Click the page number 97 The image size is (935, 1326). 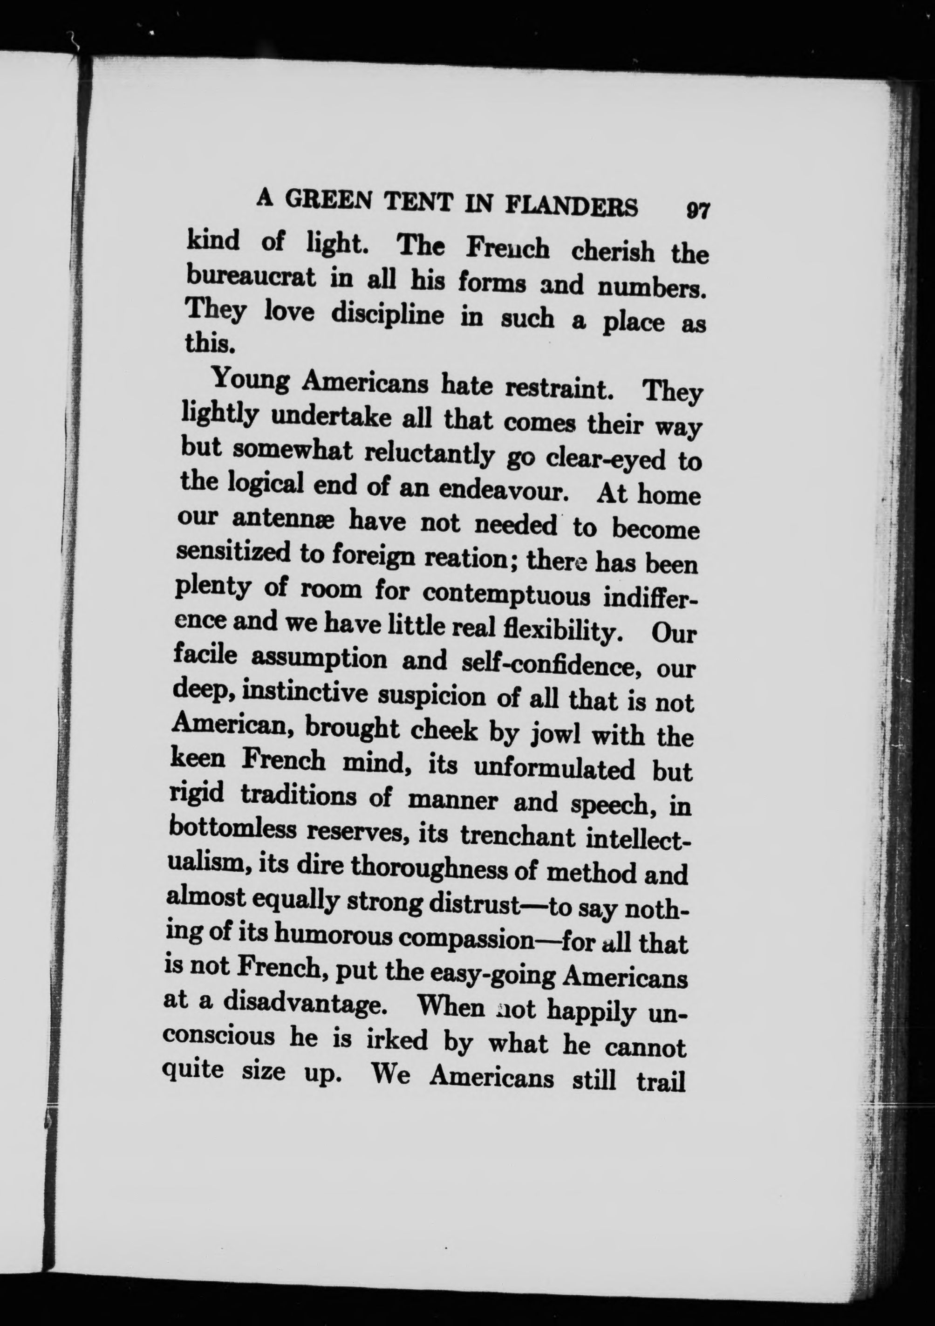[697, 210]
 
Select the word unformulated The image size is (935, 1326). [554, 769]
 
